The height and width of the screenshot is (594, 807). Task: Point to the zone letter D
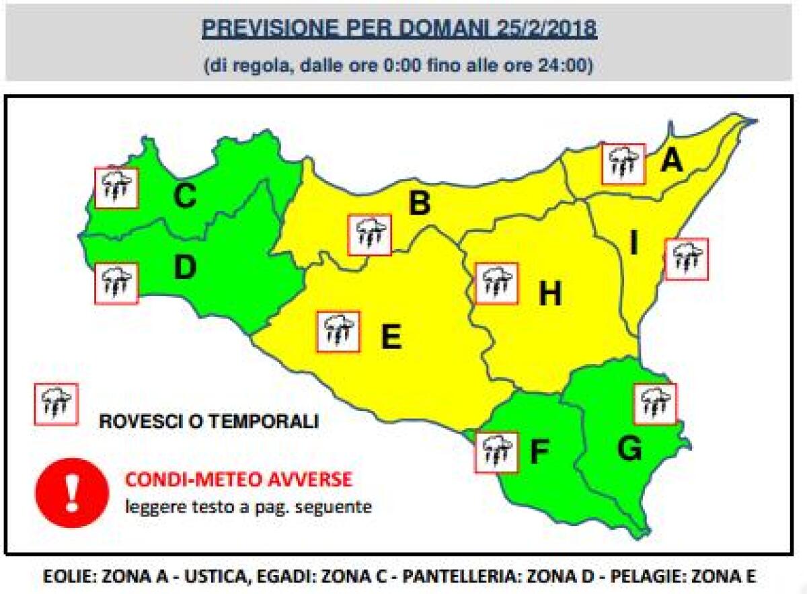pos(184,268)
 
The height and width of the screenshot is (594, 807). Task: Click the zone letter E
pos(391,336)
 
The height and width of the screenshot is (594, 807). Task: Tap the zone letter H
pos(550,294)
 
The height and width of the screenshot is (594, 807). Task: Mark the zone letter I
pos(633,245)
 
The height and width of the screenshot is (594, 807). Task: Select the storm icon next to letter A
pos(623,163)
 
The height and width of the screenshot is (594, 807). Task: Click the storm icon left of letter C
pos(116,188)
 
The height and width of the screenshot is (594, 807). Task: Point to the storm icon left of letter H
pos(496,283)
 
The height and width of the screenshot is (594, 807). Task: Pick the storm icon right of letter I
pos(687,258)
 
